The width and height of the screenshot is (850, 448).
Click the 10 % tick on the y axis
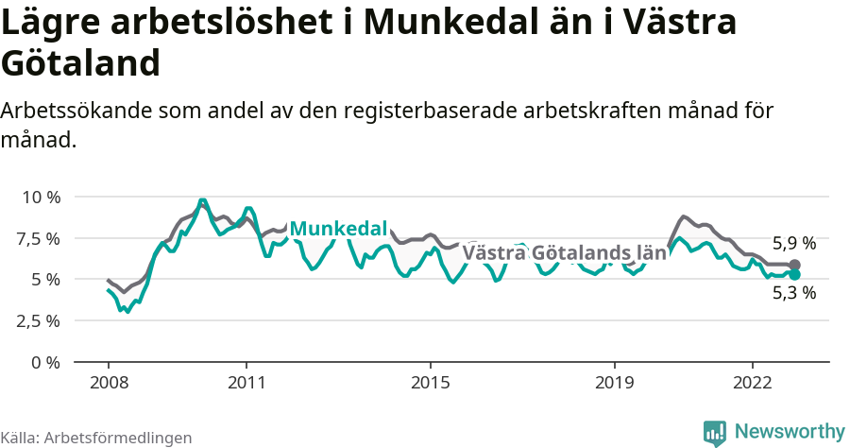[40, 197]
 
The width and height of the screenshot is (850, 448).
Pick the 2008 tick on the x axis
[109, 383]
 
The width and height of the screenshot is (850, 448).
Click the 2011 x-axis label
[246, 383]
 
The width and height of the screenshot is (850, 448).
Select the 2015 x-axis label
[431, 383]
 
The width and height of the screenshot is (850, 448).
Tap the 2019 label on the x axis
[615, 383]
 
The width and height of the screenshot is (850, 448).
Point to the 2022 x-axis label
[753, 383]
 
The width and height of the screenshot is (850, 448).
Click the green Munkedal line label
[338, 229]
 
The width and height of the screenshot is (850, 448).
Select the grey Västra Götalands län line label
[564, 253]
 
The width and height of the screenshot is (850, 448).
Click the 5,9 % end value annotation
[793, 243]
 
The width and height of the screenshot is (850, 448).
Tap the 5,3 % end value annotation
[793, 293]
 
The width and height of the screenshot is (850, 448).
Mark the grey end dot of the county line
[794, 265]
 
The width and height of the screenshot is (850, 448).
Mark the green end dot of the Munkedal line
[794, 274]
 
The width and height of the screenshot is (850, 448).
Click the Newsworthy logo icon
[715, 431]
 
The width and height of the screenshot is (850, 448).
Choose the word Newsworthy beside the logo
[790, 431]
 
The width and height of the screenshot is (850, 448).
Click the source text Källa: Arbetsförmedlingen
[96, 438]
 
